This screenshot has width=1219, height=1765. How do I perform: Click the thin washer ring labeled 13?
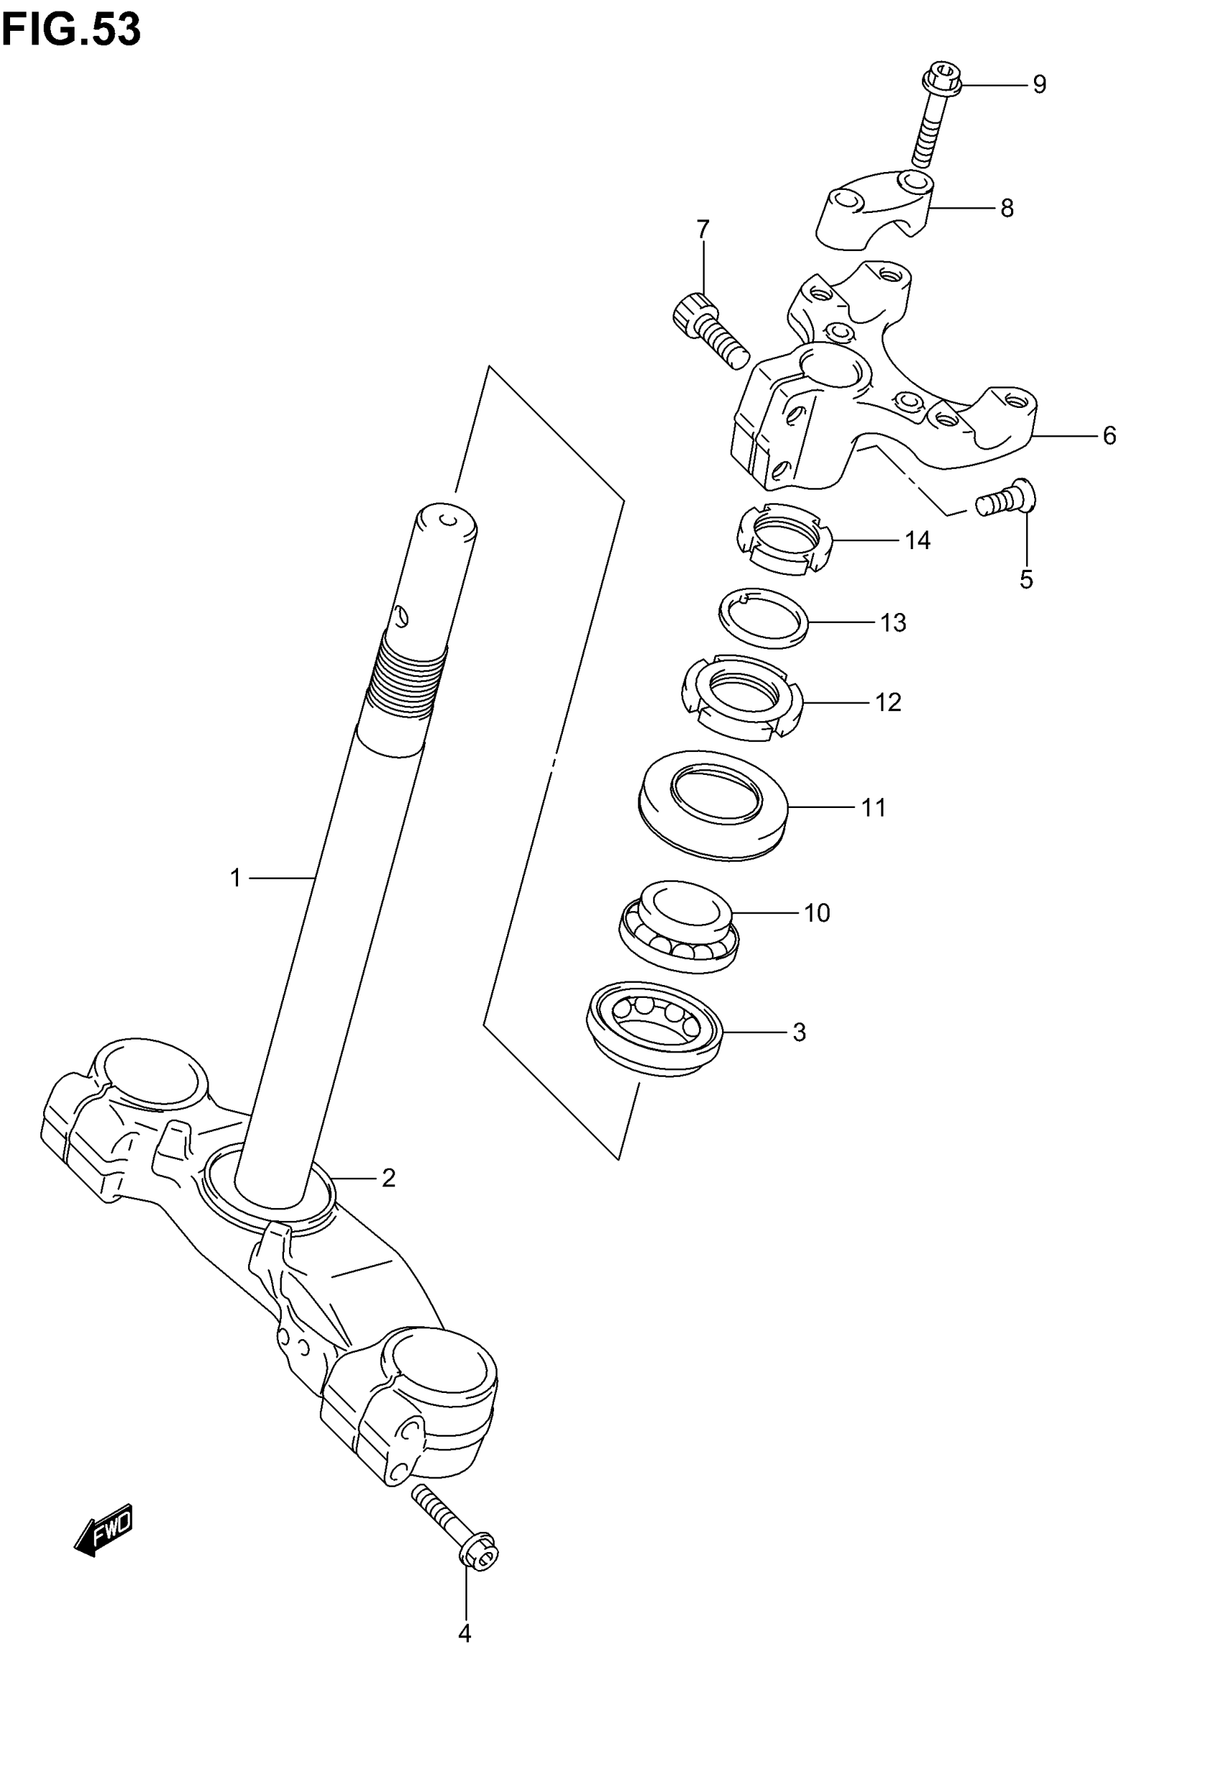(763, 619)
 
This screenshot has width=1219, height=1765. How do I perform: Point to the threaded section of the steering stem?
(407, 675)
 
